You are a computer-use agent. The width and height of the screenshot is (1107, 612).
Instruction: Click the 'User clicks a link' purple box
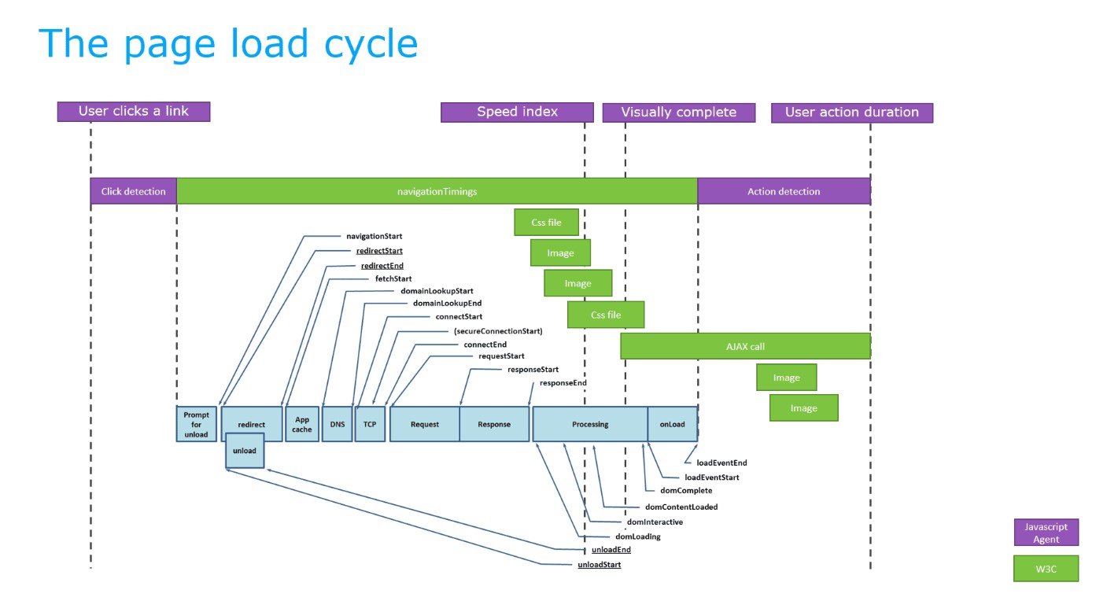tap(134, 112)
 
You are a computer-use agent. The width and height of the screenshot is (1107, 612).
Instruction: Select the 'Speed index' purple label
tap(517, 112)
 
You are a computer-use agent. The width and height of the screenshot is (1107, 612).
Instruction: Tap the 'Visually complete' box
tap(678, 112)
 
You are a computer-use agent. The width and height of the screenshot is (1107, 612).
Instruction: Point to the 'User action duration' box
tap(851, 112)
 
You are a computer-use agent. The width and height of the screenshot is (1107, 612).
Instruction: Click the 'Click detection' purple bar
tap(133, 191)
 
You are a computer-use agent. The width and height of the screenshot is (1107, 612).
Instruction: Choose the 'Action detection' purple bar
tap(784, 191)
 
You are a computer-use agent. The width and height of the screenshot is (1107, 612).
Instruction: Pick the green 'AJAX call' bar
tap(745, 346)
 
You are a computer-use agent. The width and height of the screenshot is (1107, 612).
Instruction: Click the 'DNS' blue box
tap(338, 425)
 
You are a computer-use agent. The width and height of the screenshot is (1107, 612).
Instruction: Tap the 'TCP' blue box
tap(370, 425)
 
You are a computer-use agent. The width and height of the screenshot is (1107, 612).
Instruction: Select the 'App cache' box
tap(302, 425)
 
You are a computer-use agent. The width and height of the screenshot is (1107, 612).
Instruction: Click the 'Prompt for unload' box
tap(196, 425)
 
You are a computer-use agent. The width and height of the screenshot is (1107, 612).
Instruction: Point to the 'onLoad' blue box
tap(672, 425)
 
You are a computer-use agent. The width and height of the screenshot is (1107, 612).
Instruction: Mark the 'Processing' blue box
tap(590, 425)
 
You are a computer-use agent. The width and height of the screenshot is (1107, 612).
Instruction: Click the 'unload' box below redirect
tap(245, 450)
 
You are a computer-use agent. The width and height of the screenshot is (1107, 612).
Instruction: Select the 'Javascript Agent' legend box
tap(1046, 533)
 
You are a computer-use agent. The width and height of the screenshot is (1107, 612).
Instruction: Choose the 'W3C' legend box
tap(1046, 569)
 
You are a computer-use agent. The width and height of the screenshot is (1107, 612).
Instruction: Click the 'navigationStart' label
tap(375, 236)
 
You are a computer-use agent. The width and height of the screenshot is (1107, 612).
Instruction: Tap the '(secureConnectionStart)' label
tap(498, 331)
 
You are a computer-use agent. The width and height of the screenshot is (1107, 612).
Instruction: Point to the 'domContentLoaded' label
tap(681, 507)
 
